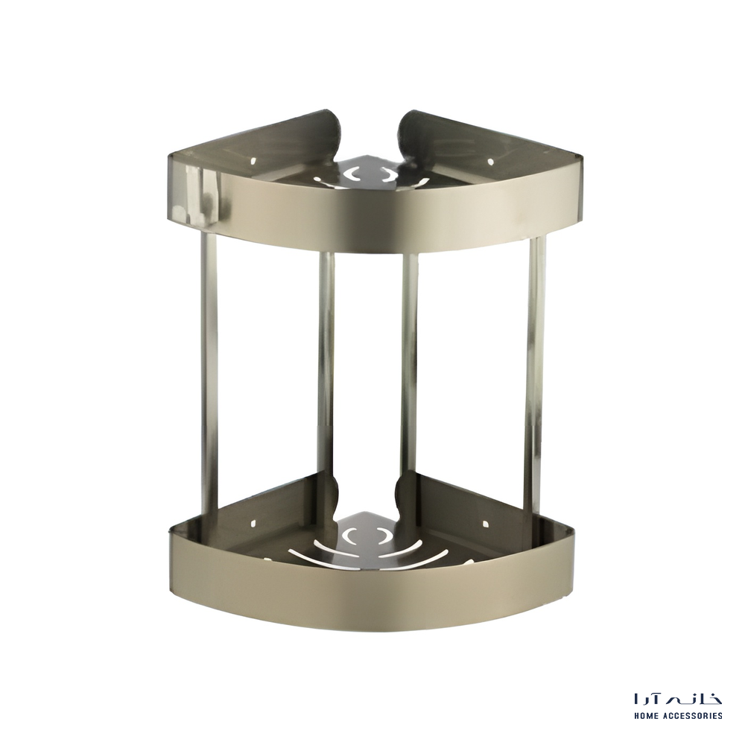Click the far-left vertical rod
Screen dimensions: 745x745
(209, 375)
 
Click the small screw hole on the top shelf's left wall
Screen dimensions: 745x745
(254, 161)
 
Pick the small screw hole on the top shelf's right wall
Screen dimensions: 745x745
(491, 162)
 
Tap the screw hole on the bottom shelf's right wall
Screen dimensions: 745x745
(485, 524)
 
